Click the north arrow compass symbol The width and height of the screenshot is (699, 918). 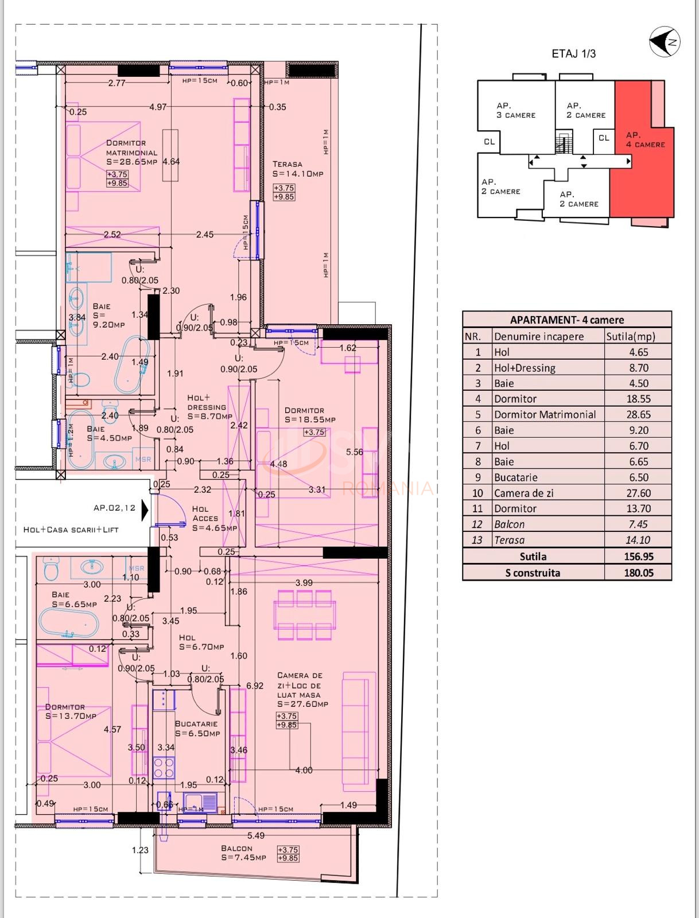coord(665,42)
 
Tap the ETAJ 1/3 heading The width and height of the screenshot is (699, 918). coord(573,54)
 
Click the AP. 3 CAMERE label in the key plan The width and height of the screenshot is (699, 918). coord(515,110)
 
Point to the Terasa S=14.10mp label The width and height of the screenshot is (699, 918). coord(297,169)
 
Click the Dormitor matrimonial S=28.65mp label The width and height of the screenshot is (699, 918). coord(131,152)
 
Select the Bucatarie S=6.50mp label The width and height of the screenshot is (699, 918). coord(197,729)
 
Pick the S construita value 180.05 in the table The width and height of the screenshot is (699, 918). coord(638,573)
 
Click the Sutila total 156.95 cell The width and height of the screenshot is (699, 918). coord(638,557)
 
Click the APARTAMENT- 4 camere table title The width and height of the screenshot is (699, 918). coord(566,320)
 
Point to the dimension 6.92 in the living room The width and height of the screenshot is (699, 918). coord(255,686)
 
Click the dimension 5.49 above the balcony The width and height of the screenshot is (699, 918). coord(255,835)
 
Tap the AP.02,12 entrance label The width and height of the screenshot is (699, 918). coord(114,508)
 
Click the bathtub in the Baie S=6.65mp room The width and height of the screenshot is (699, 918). coord(68,623)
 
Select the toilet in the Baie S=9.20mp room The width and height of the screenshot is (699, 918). coord(82,380)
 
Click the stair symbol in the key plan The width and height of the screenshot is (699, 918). coord(564,143)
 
